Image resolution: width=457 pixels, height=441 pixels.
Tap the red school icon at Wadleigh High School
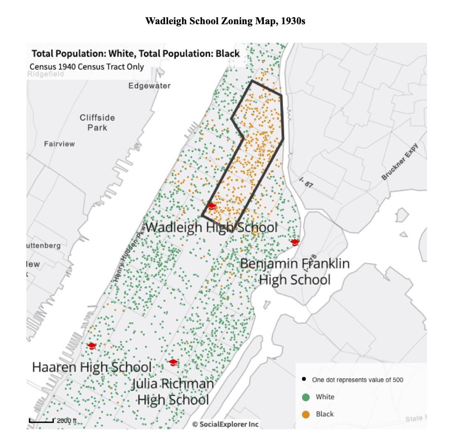(x=211, y=206)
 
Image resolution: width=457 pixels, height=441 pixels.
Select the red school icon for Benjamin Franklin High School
(x=295, y=242)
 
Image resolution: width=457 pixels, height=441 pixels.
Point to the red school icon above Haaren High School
(x=92, y=346)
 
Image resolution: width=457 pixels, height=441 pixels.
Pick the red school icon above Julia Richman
(x=173, y=362)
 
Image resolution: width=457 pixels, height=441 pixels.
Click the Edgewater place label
(x=149, y=86)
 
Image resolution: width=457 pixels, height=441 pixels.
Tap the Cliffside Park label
(x=97, y=123)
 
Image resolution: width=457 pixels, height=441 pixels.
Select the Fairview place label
(x=60, y=144)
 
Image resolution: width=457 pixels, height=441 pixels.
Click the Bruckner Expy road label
(x=400, y=162)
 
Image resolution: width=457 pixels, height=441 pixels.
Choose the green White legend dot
(x=305, y=397)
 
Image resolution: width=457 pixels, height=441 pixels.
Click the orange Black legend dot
(x=305, y=414)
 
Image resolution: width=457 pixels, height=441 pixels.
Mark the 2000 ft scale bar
(x=41, y=420)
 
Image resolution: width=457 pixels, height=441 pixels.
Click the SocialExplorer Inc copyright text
(x=226, y=424)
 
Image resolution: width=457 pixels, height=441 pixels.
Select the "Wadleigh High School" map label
(x=211, y=227)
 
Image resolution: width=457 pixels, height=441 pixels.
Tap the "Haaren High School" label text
(x=92, y=367)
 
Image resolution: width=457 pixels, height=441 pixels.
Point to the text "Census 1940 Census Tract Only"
(x=87, y=66)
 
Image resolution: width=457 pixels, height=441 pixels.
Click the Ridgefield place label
(x=46, y=74)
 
